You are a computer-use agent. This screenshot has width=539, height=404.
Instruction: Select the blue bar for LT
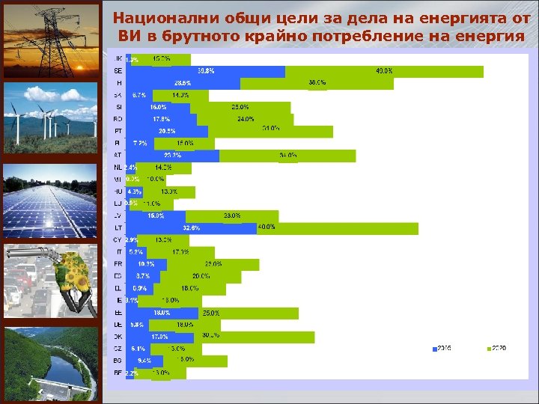[192, 227]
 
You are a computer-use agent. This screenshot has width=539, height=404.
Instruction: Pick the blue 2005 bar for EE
[162, 313]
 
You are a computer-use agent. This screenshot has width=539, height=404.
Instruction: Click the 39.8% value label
[206, 71]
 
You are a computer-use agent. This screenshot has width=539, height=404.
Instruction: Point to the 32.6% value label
[192, 227]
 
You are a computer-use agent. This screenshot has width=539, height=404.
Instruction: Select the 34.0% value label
[287, 156]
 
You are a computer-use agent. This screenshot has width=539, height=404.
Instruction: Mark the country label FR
[118, 264]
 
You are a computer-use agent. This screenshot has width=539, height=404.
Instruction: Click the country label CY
[118, 240]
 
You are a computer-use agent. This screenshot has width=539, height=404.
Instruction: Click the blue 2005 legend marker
[433, 349]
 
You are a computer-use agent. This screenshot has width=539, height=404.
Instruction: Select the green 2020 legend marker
[487, 349]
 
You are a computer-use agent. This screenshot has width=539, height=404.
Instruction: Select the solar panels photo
[50, 202]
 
